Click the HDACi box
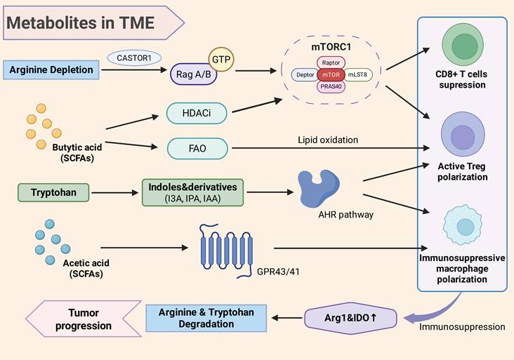pyautogui.click(x=197, y=112)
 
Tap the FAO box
pyautogui.click(x=197, y=148)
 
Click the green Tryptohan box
pyautogui.click(x=53, y=190)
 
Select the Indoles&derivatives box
pyautogui.click(x=192, y=192)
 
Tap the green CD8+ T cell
pyautogui.click(x=464, y=47)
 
